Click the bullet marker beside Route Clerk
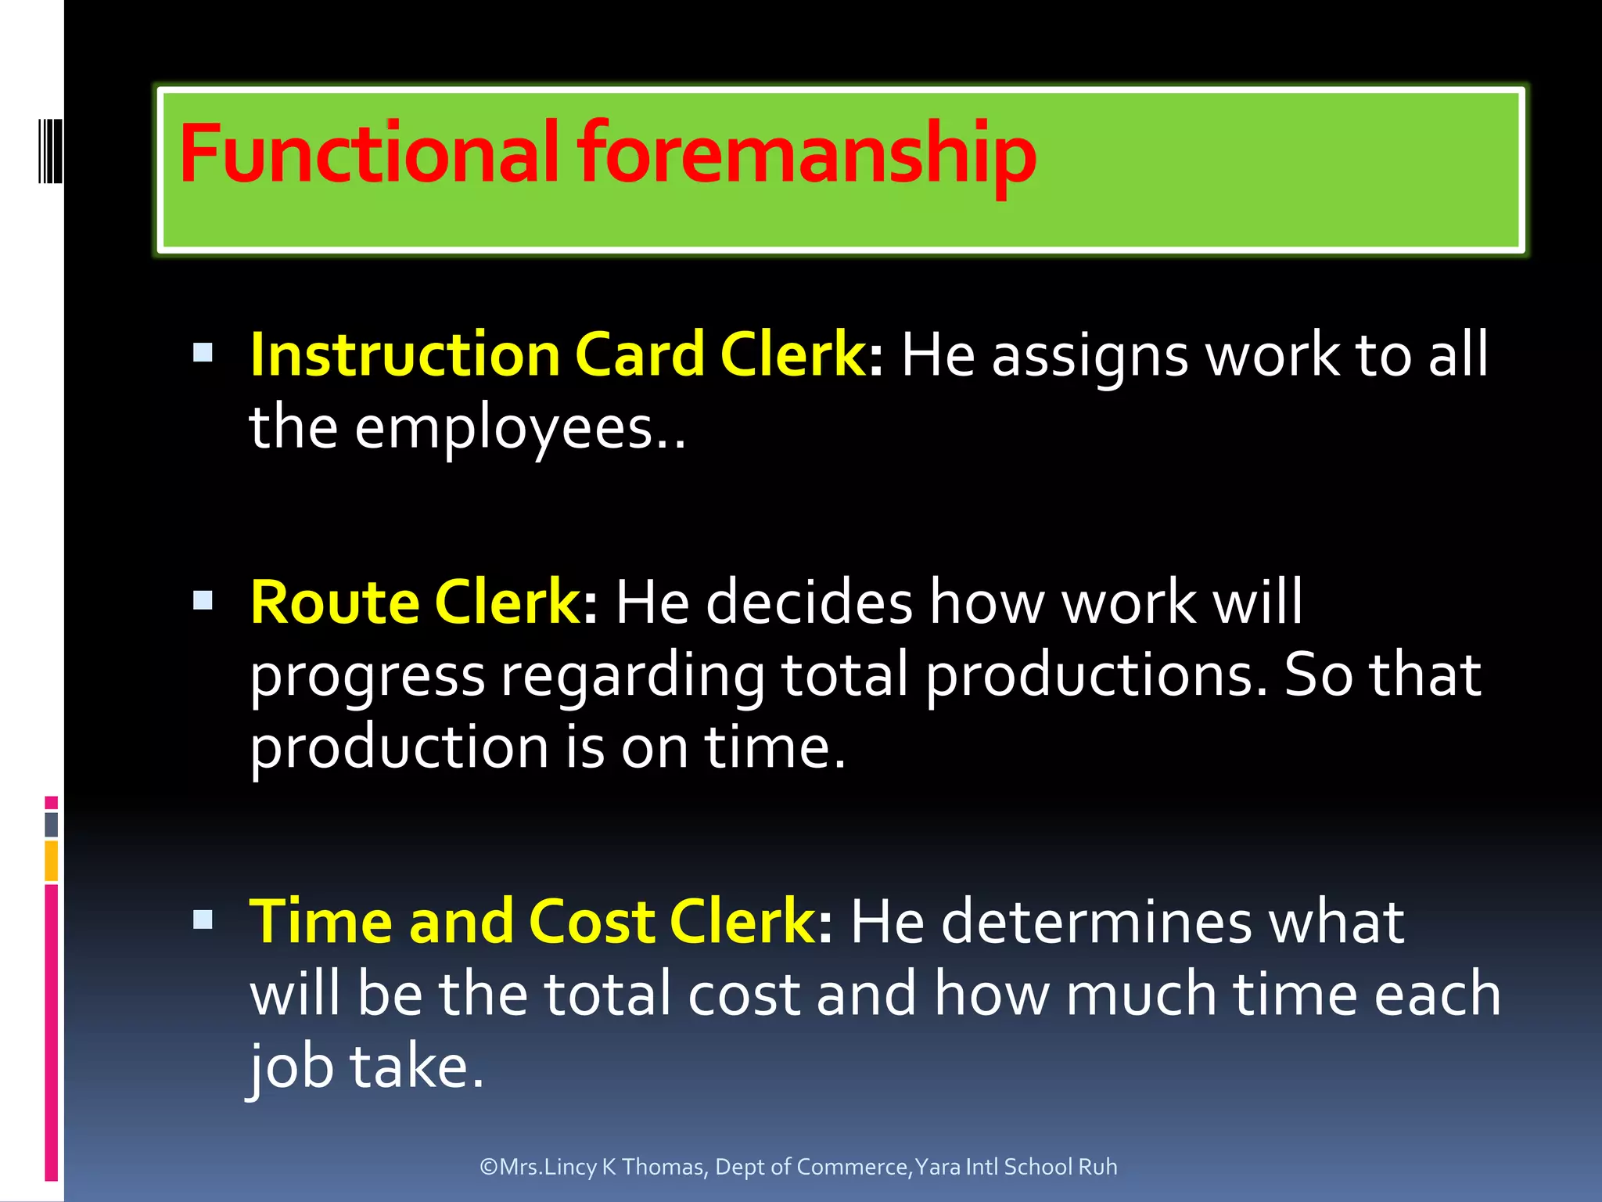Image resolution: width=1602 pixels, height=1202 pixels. point(203,600)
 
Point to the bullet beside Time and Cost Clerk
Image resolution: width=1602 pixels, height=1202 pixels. point(203,919)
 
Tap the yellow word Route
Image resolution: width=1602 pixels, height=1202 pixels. point(335,603)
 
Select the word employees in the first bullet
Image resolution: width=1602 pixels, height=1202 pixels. point(504,430)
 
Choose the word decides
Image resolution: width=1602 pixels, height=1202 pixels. point(810,603)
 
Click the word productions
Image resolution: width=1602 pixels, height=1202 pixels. point(1095,676)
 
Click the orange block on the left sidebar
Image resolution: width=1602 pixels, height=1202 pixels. point(52,860)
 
